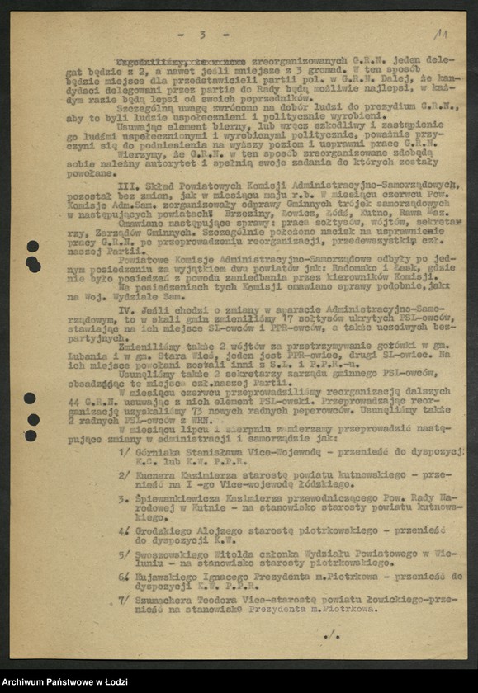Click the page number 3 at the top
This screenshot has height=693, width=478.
point(201,35)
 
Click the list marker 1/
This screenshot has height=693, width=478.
point(124,452)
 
